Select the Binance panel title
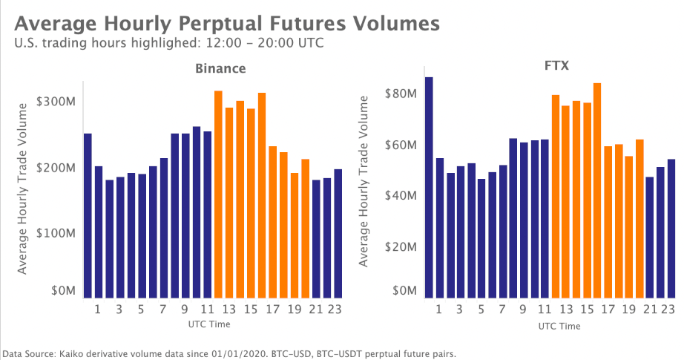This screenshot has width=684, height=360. pyautogui.click(x=220, y=68)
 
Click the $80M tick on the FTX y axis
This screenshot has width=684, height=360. pyautogui.click(x=399, y=94)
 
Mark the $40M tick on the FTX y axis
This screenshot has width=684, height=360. pyautogui.click(x=399, y=195)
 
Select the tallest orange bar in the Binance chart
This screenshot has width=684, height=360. pyautogui.click(x=218, y=194)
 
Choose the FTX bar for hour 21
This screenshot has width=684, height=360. pyautogui.click(x=650, y=237)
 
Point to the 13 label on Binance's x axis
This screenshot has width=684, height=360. pyautogui.click(x=228, y=310)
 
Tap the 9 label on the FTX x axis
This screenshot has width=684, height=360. pyautogui.click(x=523, y=310)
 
